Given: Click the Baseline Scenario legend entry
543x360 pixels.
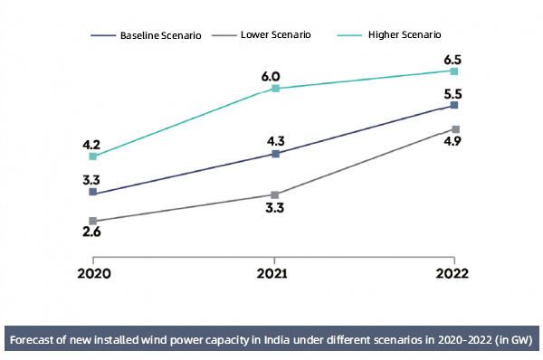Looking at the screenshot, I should pos(149,35).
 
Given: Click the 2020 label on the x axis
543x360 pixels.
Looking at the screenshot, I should pos(93,272).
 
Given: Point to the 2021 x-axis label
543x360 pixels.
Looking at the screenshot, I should pos(274,272).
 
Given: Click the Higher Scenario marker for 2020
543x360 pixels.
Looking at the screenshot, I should pos(93,156).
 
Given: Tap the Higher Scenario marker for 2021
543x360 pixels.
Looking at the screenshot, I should pos(275,89).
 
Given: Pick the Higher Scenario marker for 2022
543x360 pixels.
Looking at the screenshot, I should pos(455,71).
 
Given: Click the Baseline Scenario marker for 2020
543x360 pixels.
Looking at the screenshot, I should pos(93,193).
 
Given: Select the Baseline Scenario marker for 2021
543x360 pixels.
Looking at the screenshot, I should pos(275,154).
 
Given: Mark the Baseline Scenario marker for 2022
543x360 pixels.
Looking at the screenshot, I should pos(455,106).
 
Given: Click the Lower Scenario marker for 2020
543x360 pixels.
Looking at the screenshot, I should pos(93,221).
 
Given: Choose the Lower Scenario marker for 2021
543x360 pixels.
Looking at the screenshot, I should pos(275,194).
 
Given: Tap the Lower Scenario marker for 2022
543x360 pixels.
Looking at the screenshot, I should pos(455,129).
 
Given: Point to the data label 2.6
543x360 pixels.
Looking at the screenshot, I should pos(91,233).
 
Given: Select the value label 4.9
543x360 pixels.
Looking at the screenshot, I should pos(453,143).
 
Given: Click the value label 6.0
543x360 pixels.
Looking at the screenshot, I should pos(271,77).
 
